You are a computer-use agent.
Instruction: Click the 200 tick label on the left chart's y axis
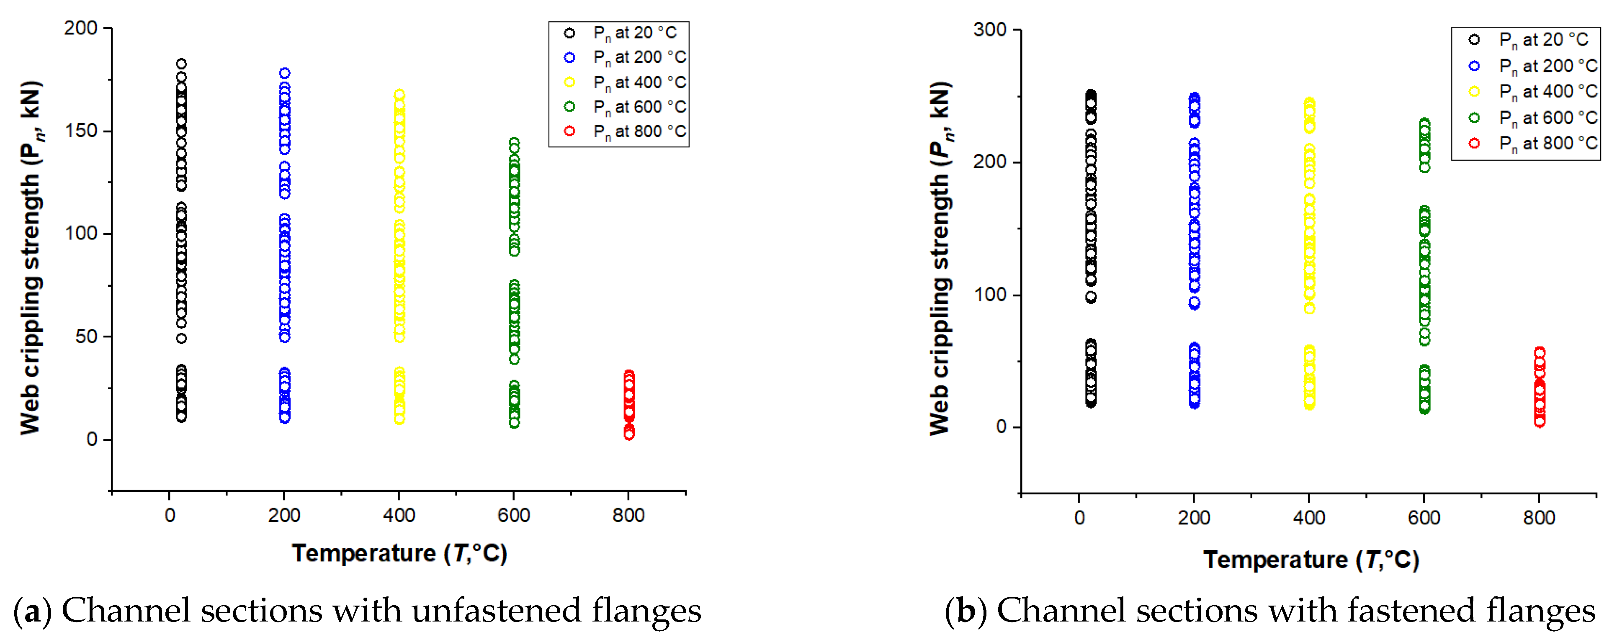[80, 28]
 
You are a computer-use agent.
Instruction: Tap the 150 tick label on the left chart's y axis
[80, 131]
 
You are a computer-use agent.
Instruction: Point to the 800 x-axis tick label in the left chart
[628, 515]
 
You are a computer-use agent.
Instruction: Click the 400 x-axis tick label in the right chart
[1309, 518]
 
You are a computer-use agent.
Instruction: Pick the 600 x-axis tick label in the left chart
[513, 515]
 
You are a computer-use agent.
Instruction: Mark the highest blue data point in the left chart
[284, 73]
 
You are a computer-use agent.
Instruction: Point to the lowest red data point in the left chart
[629, 434]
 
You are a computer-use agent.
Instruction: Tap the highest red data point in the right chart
[1539, 353]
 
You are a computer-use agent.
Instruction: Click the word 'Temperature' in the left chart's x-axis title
[363, 553]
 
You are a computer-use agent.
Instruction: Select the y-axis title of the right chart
[939, 257]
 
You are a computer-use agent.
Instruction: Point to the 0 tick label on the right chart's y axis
[1001, 427]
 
